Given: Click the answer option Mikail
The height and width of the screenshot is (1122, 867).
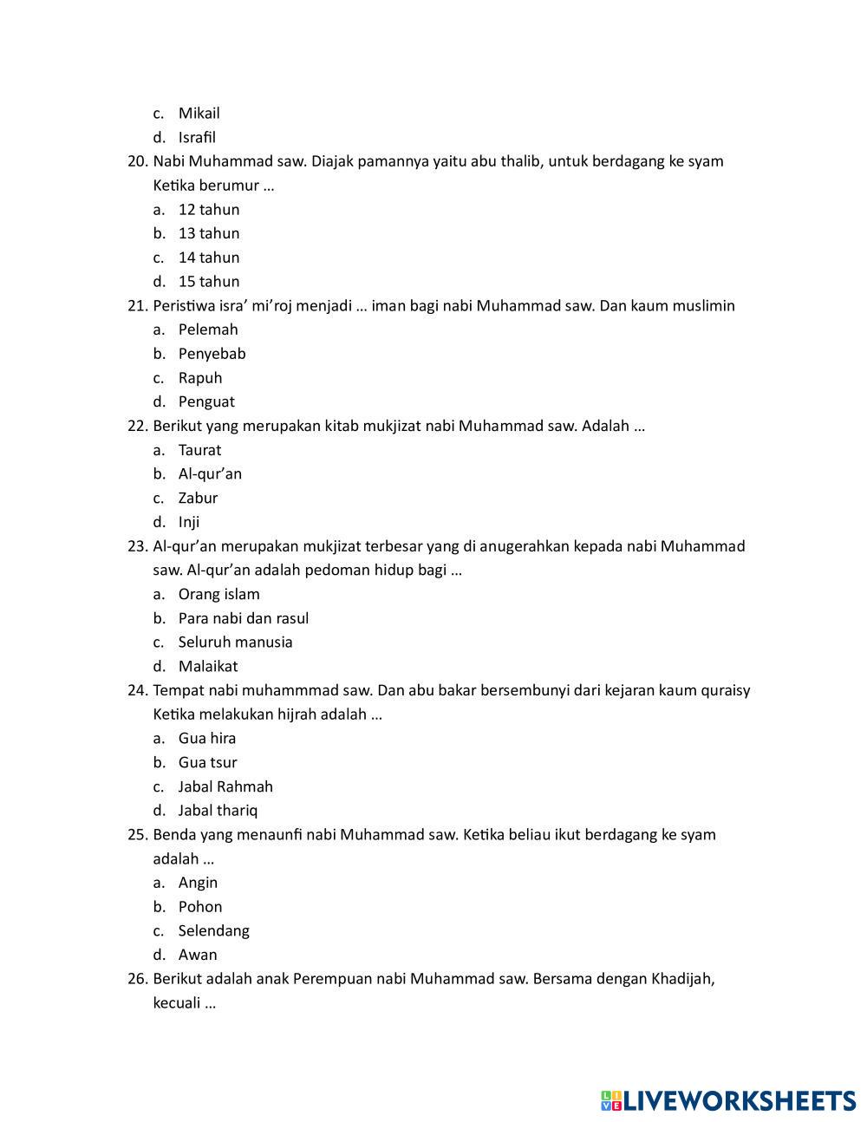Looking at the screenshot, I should pyautogui.click(x=199, y=114).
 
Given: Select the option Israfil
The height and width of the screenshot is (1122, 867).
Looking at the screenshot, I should pyautogui.click(x=197, y=137).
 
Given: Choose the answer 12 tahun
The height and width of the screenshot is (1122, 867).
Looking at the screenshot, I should pyautogui.click(x=208, y=210).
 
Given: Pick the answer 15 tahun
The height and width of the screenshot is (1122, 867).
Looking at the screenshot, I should pyautogui.click(x=208, y=282).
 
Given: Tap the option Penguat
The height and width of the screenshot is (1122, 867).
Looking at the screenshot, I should pyautogui.click(x=206, y=402).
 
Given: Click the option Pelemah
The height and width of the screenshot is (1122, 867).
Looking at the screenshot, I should pyautogui.click(x=208, y=329).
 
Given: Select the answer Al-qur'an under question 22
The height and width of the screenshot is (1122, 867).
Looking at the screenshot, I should pyautogui.click(x=210, y=474).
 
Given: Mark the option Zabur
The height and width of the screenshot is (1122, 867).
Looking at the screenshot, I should pyautogui.click(x=198, y=499).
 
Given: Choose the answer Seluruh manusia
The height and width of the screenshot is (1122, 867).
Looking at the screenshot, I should pyautogui.click(x=235, y=643).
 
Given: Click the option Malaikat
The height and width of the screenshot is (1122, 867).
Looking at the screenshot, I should pyautogui.click(x=208, y=667).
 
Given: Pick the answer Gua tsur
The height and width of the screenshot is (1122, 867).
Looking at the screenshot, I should pyautogui.click(x=207, y=763).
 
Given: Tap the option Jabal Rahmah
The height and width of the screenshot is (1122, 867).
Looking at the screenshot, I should pyautogui.click(x=225, y=787).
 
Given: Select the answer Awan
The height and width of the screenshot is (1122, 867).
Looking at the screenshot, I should pyautogui.click(x=198, y=956).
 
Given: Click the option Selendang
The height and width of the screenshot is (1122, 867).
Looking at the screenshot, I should pyautogui.click(x=213, y=931).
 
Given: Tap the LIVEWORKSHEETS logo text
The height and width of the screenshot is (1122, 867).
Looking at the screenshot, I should pyautogui.click(x=738, y=1101).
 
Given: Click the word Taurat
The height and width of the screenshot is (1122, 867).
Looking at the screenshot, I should pyautogui.click(x=199, y=450).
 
